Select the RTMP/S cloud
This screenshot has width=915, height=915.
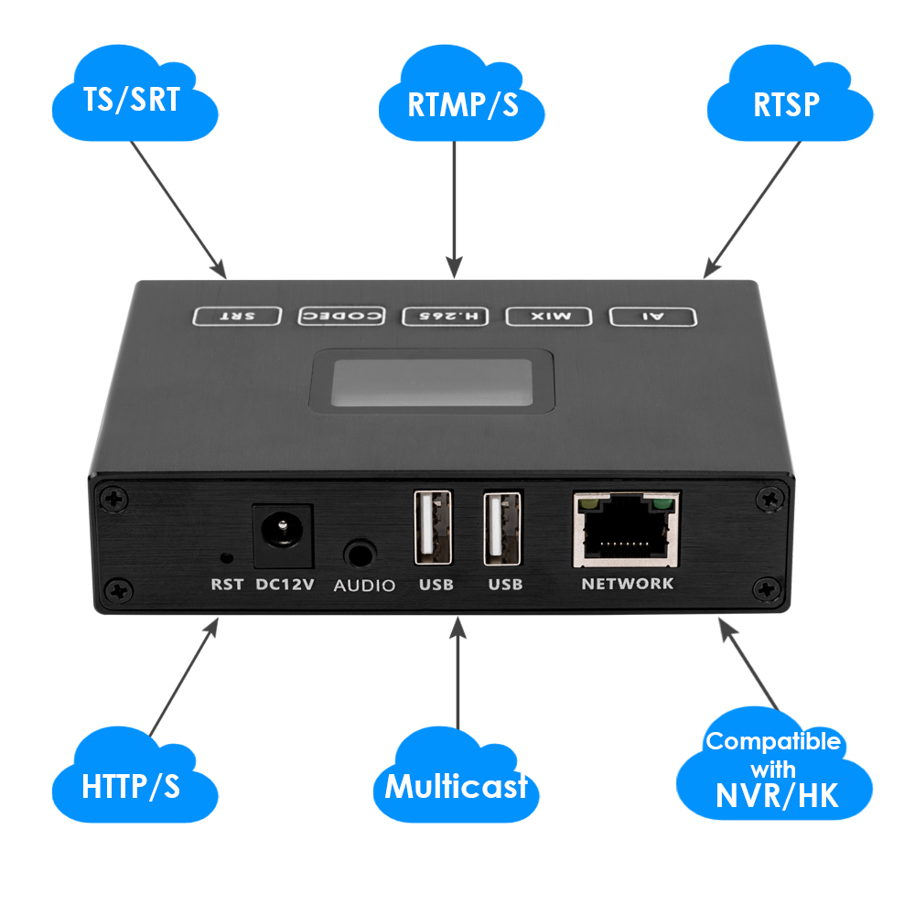[462, 102]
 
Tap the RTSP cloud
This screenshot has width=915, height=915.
[787, 102]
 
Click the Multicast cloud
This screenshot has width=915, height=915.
[456, 785]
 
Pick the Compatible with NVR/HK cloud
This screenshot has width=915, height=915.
[773, 769]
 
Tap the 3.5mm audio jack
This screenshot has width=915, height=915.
[361, 554]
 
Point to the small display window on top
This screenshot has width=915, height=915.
[433, 383]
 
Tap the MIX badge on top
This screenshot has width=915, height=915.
[551, 317]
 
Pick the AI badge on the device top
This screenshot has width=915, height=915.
[653, 317]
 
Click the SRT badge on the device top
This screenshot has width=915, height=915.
[237, 317]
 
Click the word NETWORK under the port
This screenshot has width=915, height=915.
[628, 584]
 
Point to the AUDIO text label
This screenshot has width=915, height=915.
[364, 585]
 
